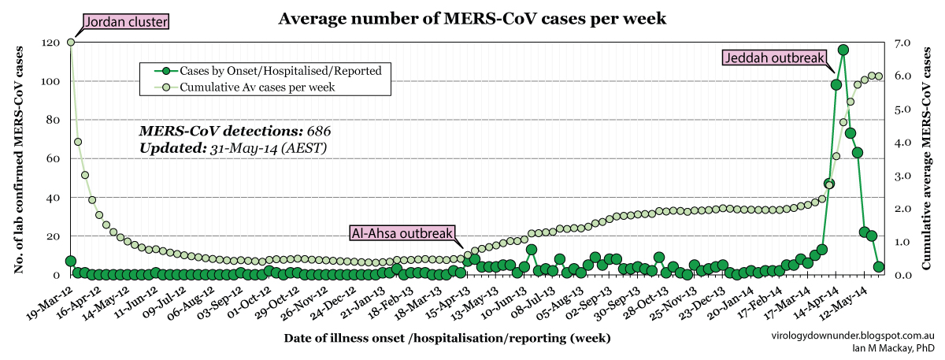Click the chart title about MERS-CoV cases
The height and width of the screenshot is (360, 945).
point(472,18)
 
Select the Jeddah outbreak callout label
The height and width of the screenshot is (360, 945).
point(774,58)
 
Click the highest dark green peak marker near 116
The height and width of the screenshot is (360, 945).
point(843,50)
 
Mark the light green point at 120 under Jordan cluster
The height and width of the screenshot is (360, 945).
point(71,43)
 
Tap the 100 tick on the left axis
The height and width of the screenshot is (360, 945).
point(50,81)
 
